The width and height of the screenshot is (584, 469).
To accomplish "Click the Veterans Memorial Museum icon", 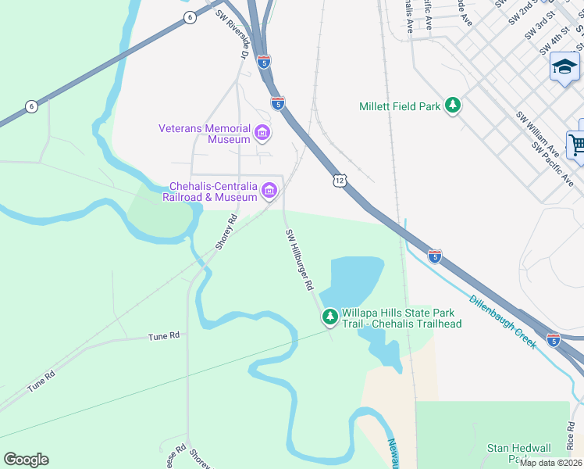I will click(262, 134).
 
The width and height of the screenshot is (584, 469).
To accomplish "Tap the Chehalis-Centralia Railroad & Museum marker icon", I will click(270, 191).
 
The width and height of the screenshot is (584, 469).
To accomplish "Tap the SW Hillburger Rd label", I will click(299, 260).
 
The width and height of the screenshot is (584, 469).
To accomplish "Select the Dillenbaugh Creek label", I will click(503, 321).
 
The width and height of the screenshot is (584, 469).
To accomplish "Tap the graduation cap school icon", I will click(564, 68).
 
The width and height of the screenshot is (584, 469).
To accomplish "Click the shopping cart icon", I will click(577, 145).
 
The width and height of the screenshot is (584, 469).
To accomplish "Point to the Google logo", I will click(26, 460).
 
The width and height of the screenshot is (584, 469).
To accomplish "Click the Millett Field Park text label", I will click(399, 106).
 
